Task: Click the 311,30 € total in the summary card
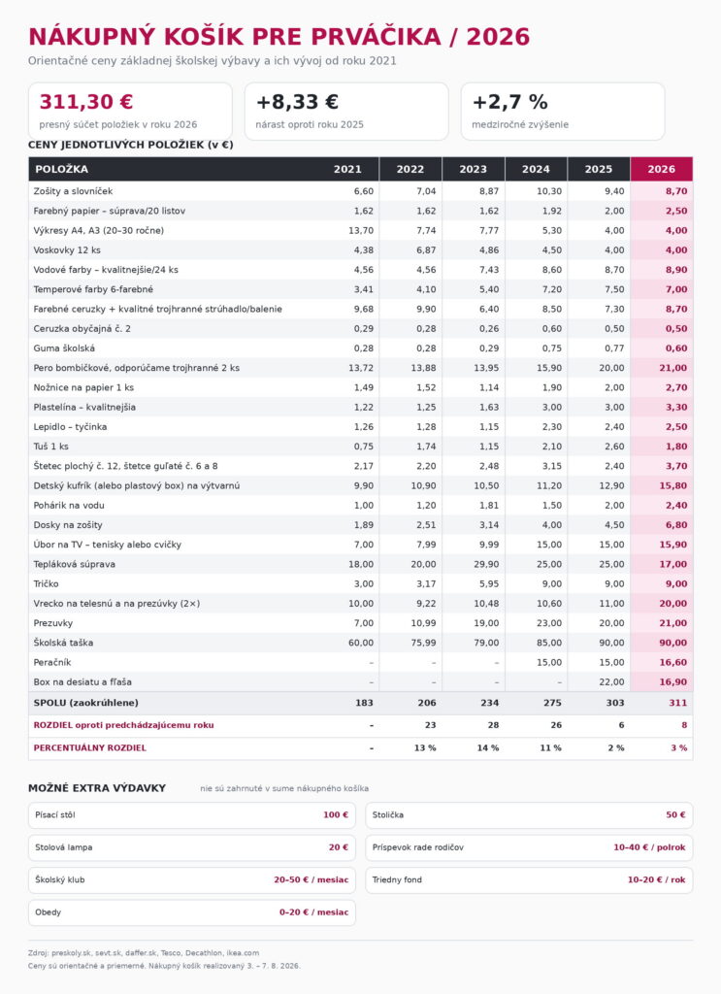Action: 86,102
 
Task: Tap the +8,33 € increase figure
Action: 297,102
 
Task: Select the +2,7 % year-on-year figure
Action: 510,102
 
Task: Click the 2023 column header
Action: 473,169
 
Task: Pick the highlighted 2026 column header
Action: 662,169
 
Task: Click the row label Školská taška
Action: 63,643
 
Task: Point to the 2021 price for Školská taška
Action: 361,643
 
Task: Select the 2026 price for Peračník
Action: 672,662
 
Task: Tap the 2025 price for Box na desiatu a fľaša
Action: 611,682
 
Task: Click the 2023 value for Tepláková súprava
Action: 486,564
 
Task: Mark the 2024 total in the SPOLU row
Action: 552,703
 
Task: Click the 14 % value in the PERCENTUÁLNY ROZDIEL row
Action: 488,748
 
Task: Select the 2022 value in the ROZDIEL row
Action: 430,725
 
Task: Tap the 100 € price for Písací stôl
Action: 336,815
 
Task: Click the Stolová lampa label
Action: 63,847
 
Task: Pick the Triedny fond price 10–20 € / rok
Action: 656,879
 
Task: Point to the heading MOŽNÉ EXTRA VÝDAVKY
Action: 97,788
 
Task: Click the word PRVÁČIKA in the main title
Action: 377,37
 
